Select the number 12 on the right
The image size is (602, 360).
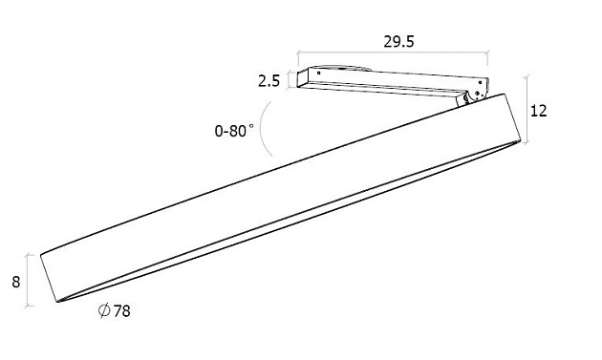pyautogui.click(x=538, y=111)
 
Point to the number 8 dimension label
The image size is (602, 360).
pyautogui.click(x=16, y=282)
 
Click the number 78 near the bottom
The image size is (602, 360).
pyautogui.click(x=119, y=312)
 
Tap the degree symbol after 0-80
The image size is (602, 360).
pyautogui.click(x=253, y=127)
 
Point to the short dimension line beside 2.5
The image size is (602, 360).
pyautogui.click(x=290, y=80)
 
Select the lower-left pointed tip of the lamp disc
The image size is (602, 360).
pyautogui.click(x=60, y=302)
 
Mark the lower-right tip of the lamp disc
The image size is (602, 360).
pyautogui.click(x=521, y=141)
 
